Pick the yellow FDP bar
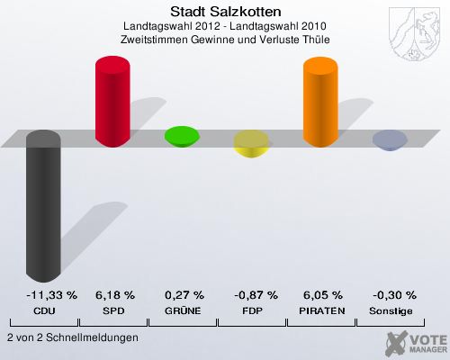tap(251, 142)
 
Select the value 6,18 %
tap(114, 295)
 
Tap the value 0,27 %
tap(184, 295)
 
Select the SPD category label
tap(114, 310)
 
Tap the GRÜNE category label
tap(184, 310)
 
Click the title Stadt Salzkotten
tap(225, 12)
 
